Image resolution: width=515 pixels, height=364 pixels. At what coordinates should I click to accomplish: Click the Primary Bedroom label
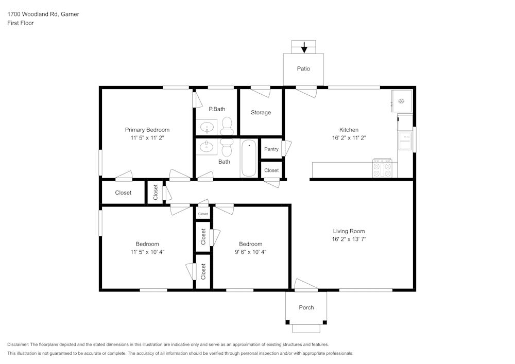(147, 130)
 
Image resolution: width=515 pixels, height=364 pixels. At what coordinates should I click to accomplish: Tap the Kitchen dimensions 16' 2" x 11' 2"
(349, 138)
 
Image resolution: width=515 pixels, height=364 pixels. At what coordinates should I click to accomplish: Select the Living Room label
(349, 231)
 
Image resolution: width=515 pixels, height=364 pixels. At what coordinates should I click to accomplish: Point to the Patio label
(303, 68)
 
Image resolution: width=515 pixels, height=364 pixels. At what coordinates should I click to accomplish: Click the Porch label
(306, 307)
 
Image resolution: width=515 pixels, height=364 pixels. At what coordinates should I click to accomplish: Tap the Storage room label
(261, 113)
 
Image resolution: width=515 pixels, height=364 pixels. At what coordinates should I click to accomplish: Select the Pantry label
(271, 149)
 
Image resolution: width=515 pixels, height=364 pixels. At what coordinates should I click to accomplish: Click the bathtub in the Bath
(249, 158)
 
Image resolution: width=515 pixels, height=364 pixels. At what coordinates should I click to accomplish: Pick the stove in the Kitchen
(383, 168)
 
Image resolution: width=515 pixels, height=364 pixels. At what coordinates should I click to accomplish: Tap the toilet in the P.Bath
(227, 126)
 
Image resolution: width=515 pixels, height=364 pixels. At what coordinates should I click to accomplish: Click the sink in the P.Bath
(207, 127)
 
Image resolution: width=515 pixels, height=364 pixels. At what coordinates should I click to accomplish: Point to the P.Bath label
(217, 109)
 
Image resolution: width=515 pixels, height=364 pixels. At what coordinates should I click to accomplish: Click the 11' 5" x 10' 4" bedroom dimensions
(147, 252)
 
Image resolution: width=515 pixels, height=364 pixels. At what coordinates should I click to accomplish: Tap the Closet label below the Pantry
(271, 170)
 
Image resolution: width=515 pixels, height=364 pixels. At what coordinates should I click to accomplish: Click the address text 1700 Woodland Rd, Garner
(43, 14)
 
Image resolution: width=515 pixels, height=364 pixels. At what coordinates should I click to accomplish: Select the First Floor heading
(21, 23)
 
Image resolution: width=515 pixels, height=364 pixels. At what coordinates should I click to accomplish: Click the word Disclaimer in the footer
(18, 344)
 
